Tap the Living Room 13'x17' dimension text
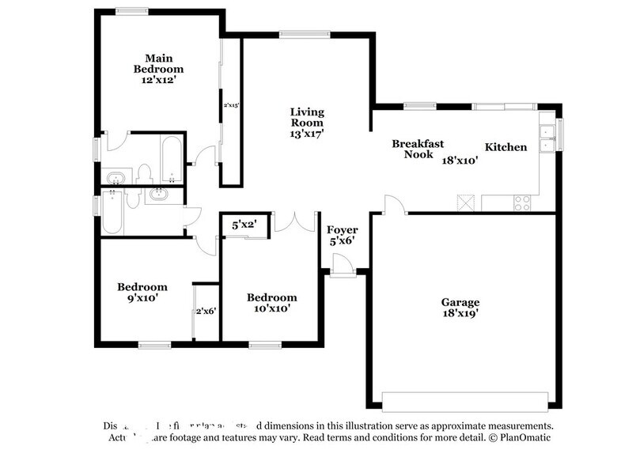pyautogui.click(x=306, y=134)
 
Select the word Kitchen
pyautogui.click(x=506, y=147)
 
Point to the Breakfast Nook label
pyautogui.click(x=418, y=149)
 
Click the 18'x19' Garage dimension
pyautogui.click(x=460, y=314)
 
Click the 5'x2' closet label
pyautogui.click(x=245, y=225)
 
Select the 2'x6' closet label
pyautogui.click(x=206, y=311)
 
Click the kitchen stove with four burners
pyautogui.click(x=522, y=202)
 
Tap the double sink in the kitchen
pyautogui.click(x=547, y=139)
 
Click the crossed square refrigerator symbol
pyautogui.click(x=467, y=202)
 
